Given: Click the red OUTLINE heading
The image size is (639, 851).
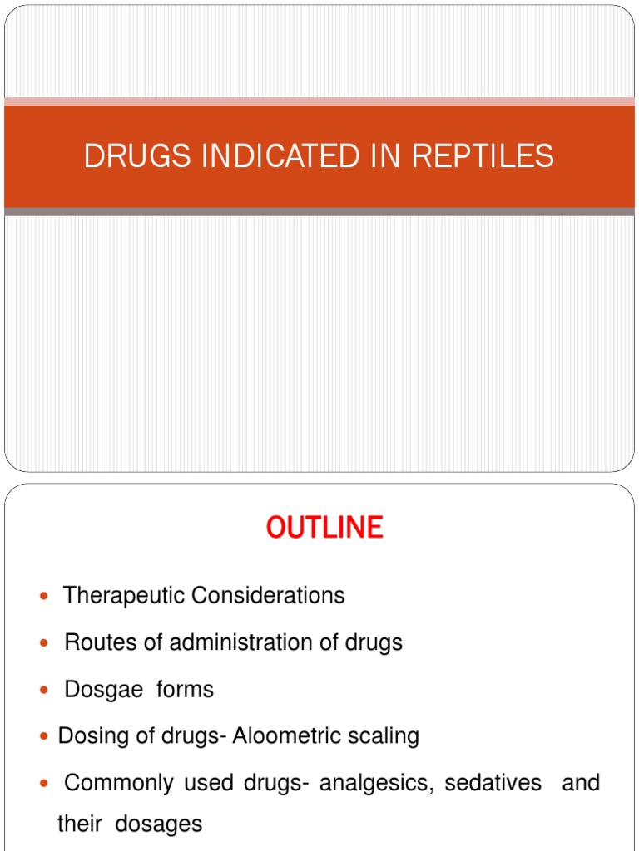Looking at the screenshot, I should pyautogui.click(x=324, y=528).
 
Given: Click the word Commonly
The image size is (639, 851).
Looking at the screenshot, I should pyautogui.click(x=119, y=784).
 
